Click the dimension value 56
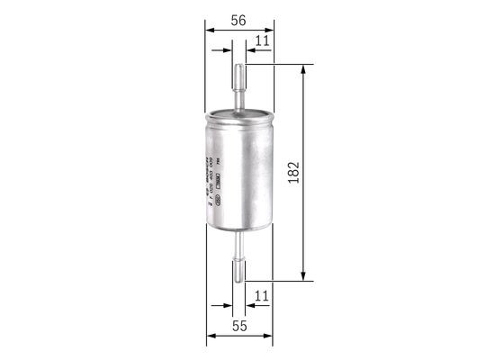(x=238, y=17)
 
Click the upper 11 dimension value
(x=262, y=40)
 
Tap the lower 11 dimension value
(x=262, y=294)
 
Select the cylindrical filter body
(x=239, y=171)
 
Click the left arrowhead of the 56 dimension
(x=210, y=30)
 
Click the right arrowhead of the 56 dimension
(x=269, y=30)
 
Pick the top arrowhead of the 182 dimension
(x=304, y=69)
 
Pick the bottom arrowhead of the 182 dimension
(x=304, y=276)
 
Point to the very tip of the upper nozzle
(x=238, y=66)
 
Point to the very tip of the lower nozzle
(x=238, y=281)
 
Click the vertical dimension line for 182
(x=304, y=216)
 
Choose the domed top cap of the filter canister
(x=238, y=114)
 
